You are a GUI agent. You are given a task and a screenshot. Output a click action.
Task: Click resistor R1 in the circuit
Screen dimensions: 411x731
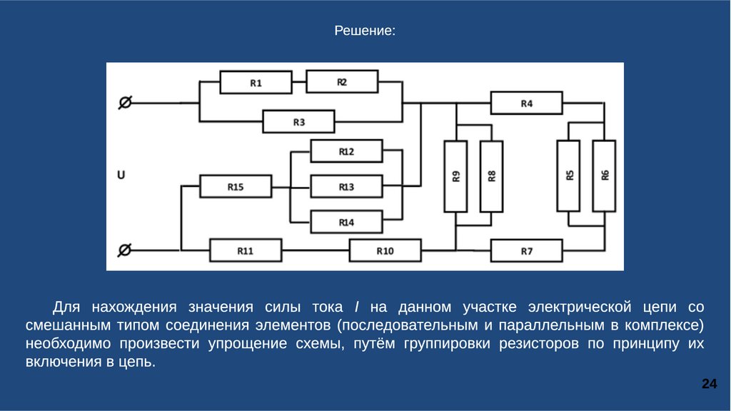[256, 82]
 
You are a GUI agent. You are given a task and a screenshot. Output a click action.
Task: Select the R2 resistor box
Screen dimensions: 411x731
[342, 81]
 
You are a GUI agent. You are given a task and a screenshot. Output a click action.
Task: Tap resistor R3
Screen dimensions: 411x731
[298, 122]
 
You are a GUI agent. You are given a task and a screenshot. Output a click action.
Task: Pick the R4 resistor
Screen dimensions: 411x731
[526, 103]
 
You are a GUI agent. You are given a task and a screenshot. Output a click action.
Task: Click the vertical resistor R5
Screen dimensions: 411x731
[569, 176]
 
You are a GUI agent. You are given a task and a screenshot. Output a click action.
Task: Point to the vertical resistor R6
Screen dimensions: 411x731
[604, 176]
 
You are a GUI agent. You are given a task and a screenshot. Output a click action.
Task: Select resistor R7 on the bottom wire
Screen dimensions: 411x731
[526, 251]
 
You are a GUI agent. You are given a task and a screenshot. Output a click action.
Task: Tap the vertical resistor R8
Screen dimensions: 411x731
[491, 176]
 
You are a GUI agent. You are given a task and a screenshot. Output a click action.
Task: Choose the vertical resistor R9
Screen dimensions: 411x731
[456, 176]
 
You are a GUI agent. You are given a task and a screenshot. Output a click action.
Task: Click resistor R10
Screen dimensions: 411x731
[385, 251]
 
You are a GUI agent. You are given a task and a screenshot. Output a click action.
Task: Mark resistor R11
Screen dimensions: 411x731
[246, 251]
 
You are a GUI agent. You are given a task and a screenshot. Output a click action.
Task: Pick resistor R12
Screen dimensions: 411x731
[346, 151]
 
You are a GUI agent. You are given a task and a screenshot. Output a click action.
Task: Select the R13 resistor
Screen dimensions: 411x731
[346, 187]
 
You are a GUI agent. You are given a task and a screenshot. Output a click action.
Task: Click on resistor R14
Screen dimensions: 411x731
[346, 223]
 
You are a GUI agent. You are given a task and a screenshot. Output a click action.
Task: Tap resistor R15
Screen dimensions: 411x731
[236, 187]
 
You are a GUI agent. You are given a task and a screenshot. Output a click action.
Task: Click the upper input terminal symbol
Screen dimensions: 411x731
[124, 103]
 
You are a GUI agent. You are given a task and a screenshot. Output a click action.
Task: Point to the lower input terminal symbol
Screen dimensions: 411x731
[124, 250]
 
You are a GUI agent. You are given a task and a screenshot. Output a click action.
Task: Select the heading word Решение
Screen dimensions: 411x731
[365, 31]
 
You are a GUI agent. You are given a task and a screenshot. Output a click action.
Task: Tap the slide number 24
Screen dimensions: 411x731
[709, 385]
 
